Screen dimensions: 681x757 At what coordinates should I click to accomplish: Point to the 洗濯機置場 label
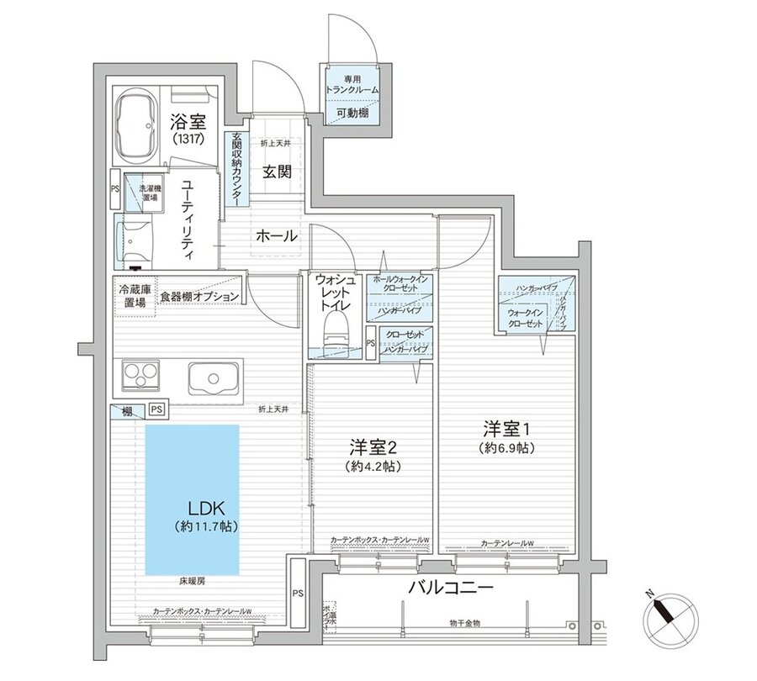(x=149, y=193)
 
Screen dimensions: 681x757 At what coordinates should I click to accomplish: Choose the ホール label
(x=277, y=236)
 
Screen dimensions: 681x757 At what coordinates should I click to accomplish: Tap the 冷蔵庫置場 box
(x=134, y=296)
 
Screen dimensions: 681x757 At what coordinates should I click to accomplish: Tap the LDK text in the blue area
(x=202, y=509)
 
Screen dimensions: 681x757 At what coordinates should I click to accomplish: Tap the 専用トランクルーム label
(x=352, y=83)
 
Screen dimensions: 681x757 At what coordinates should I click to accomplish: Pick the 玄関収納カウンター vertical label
(x=236, y=169)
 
